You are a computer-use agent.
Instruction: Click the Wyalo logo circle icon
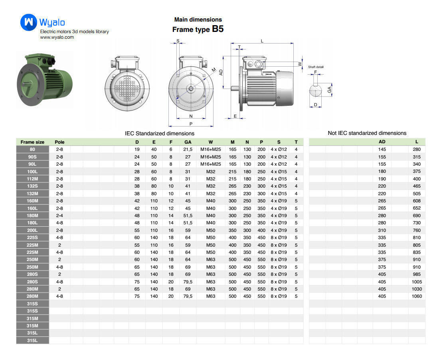(x=28, y=22)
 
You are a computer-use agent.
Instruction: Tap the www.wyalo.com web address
(x=57, y=37)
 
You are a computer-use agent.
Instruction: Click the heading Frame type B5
(x=198, y=30)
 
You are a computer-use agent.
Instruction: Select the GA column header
(x=188, y=142)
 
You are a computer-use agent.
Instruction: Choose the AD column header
(x=382, y=142)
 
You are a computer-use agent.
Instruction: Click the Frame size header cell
(x=33, y=142)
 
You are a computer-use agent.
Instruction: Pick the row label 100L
(x=33, y=171)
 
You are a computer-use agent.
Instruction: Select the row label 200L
(x=33, y=230)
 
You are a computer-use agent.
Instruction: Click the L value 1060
(x=417, y=296)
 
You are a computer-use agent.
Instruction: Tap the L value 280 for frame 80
(x=417, y=149)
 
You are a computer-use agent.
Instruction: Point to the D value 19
(x=137, y=149)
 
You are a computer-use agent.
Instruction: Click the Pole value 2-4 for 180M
(x=59, y=216)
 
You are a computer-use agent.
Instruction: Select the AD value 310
(x=382, y=230)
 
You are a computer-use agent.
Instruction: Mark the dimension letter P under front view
(x=191, y=124)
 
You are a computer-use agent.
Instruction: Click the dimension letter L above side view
(x=262, y=41)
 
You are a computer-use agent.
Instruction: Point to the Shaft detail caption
(x=316, y=67)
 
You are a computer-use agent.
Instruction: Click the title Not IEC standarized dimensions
(x=367, y=133)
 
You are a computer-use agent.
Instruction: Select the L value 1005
(x=417, y=282)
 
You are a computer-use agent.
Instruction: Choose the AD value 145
(x=382, y=149)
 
